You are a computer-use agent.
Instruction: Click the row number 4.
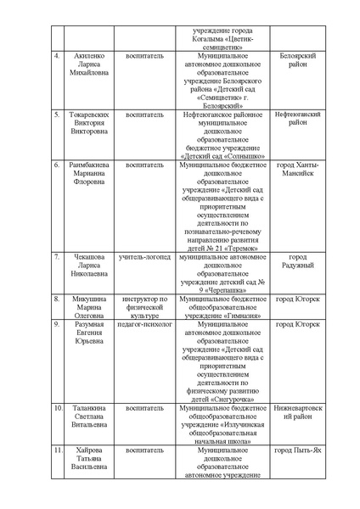[x=57, y=56]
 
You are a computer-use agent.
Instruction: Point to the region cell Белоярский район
[x=298, y=60]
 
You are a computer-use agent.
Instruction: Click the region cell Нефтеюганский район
[x=298, y=118]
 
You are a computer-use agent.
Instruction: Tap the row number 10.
[x=57, y=407]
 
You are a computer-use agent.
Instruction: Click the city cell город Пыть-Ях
[x=298, y=449]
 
